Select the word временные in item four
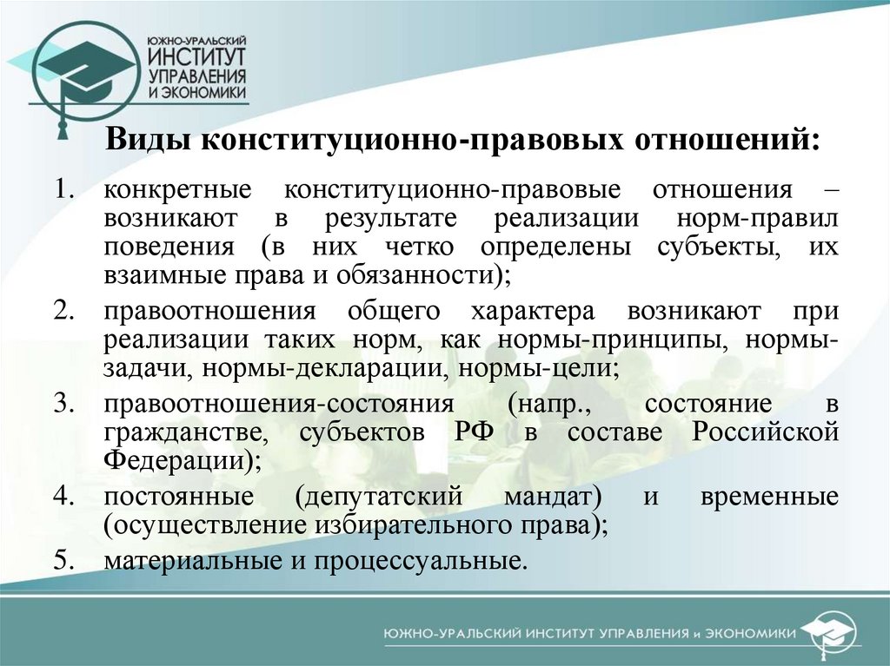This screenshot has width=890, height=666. [778, 498]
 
